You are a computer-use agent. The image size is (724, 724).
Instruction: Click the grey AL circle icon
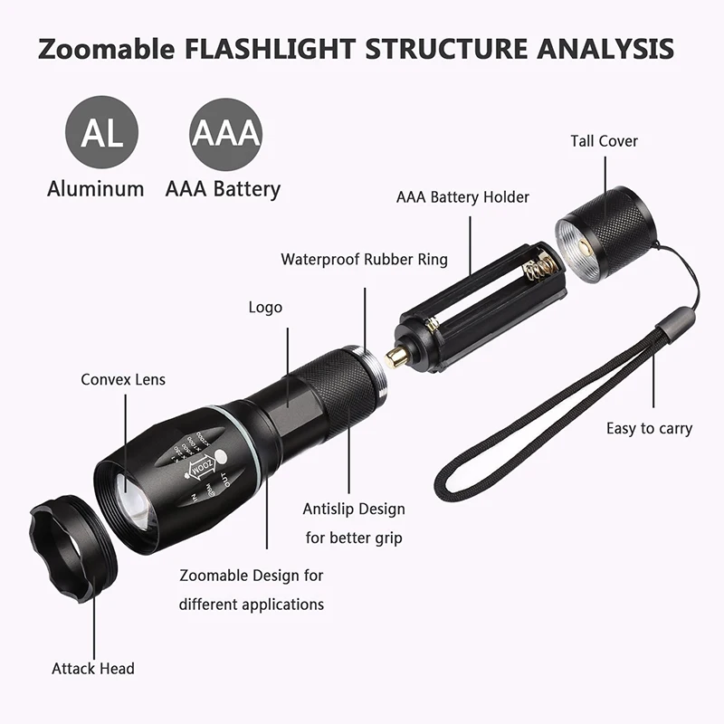pyautogui.click(x=101, y=132)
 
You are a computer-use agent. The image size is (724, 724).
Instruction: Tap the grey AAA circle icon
pyautogui.click(x=225, y=134)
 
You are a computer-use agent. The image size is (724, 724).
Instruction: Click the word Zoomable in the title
pyautogui.click(x=106, y=49)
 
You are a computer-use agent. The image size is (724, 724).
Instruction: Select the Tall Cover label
pyautogui.click(x=604, y=141)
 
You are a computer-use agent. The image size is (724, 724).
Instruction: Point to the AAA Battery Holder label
pyautogui.click(x=462, y=197)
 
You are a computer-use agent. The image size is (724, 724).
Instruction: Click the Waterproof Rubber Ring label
pyautogui.click(x=365, y=259)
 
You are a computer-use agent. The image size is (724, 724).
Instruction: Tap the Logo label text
pyautogui.click(x=265, y=308)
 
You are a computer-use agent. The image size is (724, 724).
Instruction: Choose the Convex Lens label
pyautogui.click(x=123, y=379)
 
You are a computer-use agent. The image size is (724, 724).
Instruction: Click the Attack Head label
pyautogui.click(x=93, y=668)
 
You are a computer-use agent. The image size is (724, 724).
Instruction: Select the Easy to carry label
pyautogui.click(x=649, y=428)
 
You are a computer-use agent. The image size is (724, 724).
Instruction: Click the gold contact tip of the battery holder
pyautogui.click(x=395, y=357)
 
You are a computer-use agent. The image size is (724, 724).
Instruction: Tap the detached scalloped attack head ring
pyautogui.click(x=73, y=548)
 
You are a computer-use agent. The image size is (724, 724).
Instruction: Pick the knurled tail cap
pyautogui.click(x=605, y=234)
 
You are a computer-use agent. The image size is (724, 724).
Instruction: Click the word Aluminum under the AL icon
pyautogui.click(x=96, y=189)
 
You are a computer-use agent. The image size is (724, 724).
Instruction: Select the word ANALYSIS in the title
pyautogui.click(x=605, y=49)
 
